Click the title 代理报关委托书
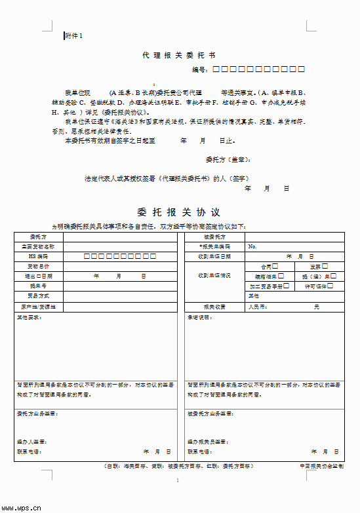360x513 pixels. point(178,56)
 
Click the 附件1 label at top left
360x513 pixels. point(74,35)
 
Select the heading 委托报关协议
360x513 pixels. point(178,212)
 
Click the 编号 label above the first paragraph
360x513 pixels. point(199,69)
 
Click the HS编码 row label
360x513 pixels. point(38,256)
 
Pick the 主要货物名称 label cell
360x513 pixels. point(38,246)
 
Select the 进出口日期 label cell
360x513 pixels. point(38,276)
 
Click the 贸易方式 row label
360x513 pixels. point(38,296)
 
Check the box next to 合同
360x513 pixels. point(275,266)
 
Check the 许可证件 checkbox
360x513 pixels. point(330,286)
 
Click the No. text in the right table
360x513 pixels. point(252,246)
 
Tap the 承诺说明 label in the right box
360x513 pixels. point(199,317)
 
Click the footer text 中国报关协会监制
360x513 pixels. point(321,466)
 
